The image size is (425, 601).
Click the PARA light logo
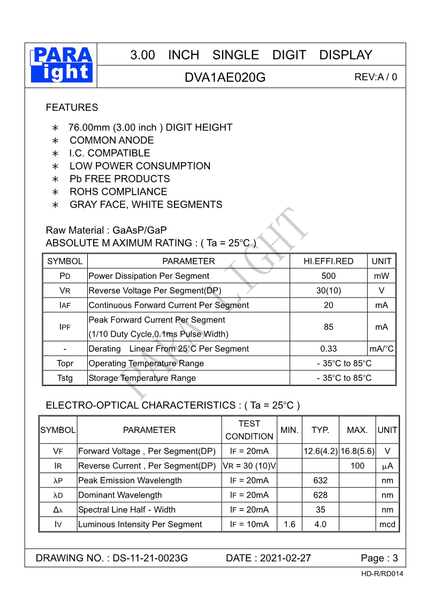[x=63, y=65]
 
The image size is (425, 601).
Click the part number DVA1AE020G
[x=225, y=77]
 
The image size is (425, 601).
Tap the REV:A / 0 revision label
[x=376, y=77]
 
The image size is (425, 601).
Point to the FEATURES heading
[x=72, y=108]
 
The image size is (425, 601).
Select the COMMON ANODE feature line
[x=111, y=140]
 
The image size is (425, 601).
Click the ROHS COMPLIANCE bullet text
[x=118, y=192]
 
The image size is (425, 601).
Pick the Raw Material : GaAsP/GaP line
[x=107, y=230]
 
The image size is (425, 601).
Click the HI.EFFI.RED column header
[x=328, y=261]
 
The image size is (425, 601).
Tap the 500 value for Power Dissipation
[x=328, y=276]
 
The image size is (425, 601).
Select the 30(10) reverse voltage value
[x=328, y=291]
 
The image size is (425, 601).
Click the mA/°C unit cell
[x=382, y=349]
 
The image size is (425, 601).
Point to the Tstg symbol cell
[x=65, y=378]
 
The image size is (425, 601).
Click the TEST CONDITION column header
[x=249, y=430]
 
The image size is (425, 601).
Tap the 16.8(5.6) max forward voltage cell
[x=357, y=451]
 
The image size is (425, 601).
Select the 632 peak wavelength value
[x=320, y=481]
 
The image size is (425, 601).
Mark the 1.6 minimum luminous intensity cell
[x=289, y=524]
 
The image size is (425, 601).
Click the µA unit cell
[x=387, y=466]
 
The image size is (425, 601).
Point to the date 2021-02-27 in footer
[x=285, y=558]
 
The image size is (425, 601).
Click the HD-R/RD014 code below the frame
[x=382, y=574]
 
